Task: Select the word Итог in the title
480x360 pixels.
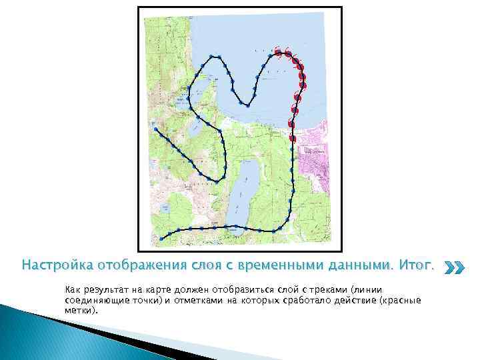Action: [415, 265]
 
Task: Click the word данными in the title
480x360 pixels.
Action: [362, 265]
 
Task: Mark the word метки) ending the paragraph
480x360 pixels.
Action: [81, 309]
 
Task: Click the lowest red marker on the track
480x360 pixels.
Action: [293, 138]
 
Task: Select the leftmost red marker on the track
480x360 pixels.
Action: [277, 51]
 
